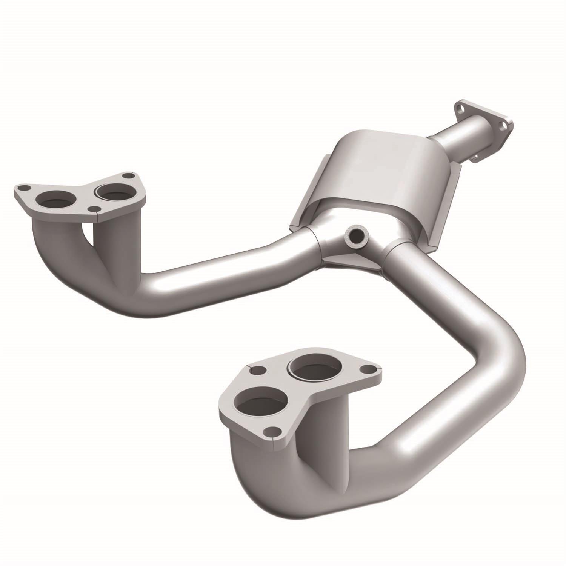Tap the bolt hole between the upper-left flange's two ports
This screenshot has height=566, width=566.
(93, 209)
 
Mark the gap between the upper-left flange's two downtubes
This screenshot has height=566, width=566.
(88, 234)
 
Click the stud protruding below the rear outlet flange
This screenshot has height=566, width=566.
(475, 157)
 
